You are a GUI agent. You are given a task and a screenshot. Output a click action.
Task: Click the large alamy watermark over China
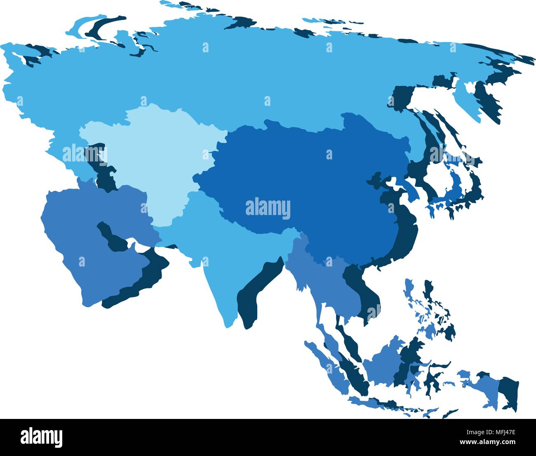point(268,208)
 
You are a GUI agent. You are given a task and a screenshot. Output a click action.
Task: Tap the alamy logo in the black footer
point(41,437)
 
